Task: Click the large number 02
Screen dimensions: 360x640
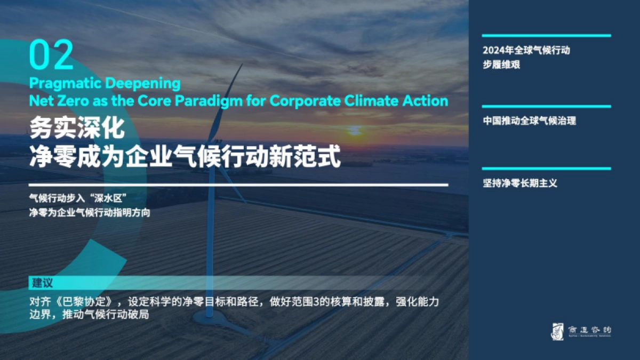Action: click(x=51, y=55)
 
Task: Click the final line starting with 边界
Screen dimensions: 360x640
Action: click(x=89, y=315)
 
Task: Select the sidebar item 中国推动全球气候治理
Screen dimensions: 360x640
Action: click(x=530, y=121)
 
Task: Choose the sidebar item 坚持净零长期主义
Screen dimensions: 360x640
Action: click(x=520, y=183)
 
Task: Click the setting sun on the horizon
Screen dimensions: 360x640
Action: click(x=355, y=130)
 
